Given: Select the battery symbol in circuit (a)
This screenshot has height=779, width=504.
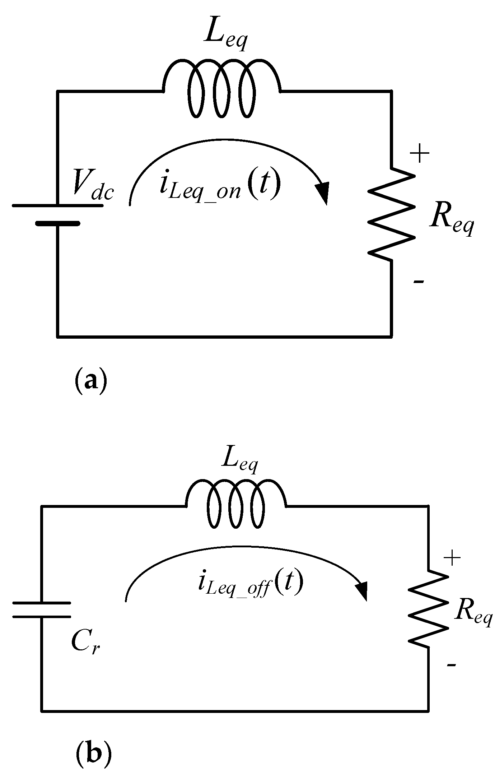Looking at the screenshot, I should pyautogui.click(x=57, y=214).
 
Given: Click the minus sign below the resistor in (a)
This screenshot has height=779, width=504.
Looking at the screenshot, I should pyautogui.click(x=419, y=282).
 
